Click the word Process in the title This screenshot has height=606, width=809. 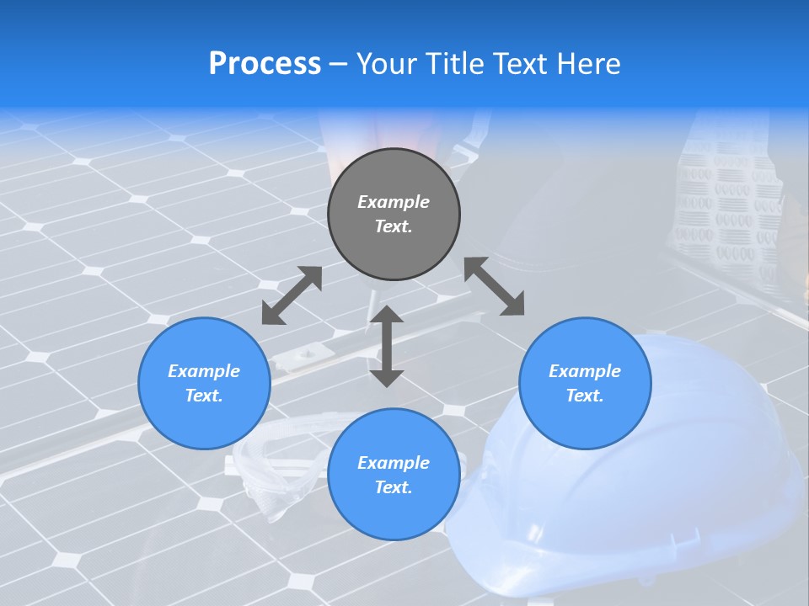[265, 64]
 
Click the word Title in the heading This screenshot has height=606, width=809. [453, 64]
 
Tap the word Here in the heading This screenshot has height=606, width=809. [589, 64]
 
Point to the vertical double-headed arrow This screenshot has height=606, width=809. [387, 346]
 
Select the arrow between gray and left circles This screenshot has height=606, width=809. [292, 295]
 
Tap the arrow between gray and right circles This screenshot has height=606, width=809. [495, 286]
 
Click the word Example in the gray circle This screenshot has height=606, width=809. [394, 202]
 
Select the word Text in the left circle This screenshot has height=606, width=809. [204, 396]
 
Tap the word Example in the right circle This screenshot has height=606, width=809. [585, 371]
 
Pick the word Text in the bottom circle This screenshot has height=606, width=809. [394, 487]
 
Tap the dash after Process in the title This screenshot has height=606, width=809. [339, 65]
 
